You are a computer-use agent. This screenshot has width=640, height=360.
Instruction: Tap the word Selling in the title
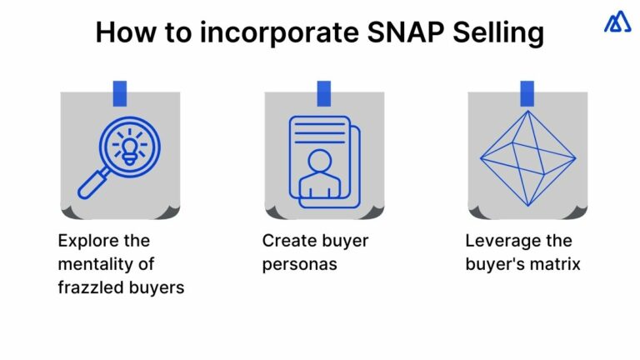498,32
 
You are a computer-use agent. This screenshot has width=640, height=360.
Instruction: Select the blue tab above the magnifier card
119,92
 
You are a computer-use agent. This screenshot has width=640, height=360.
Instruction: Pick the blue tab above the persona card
323,92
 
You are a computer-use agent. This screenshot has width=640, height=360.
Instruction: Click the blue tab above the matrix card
527,92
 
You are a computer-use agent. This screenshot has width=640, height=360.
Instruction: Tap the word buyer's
493,265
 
